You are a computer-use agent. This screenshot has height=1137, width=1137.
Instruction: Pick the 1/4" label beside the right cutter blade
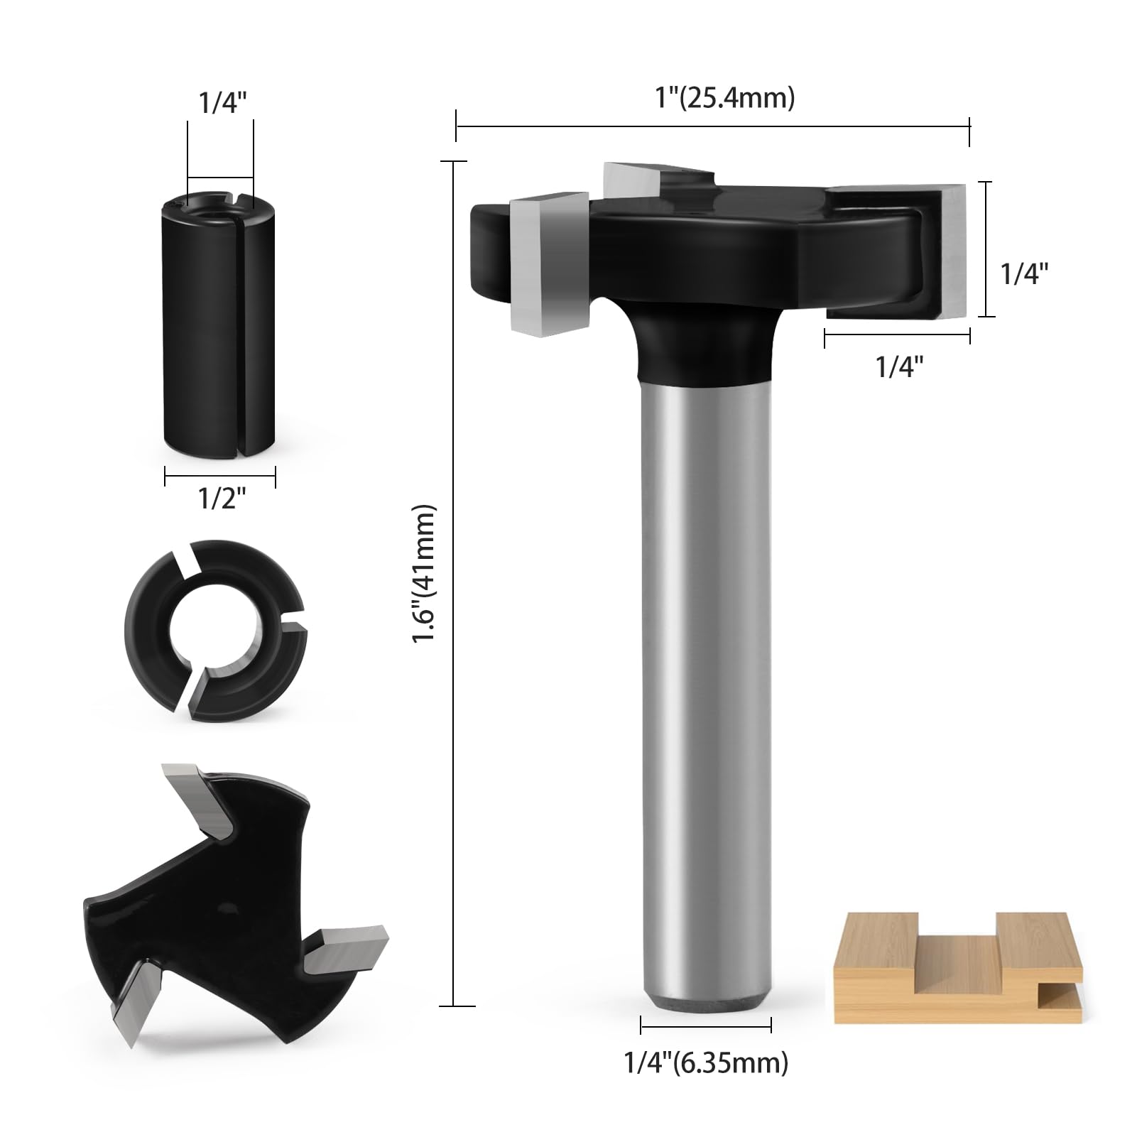click(x=1025, y=273)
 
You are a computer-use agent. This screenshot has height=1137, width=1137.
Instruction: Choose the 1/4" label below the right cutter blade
click(x=900, y=366)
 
